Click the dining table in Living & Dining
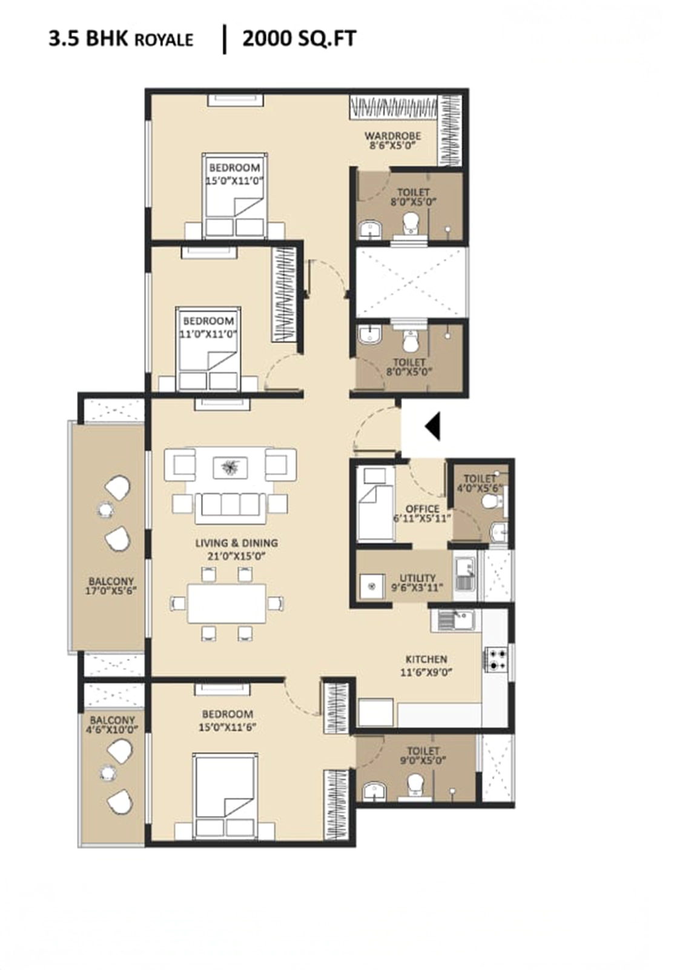click(x=226, y=603)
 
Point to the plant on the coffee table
click(x=229, y=467)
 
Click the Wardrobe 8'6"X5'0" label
click(x=392, y=141)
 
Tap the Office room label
click(x=422, y=509)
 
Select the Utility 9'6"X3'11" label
click(x=418, y=583)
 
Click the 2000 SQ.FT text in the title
click(x=299, y=39)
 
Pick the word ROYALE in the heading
click(x=164, y=40)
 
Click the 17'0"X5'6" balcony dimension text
click(x=111, y=590)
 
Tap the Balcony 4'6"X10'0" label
click(x=112, y=724)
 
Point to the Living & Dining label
click(x=236, y=543)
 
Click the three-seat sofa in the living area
click(x=231, y=508)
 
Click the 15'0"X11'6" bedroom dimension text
click(x=225, y=727)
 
